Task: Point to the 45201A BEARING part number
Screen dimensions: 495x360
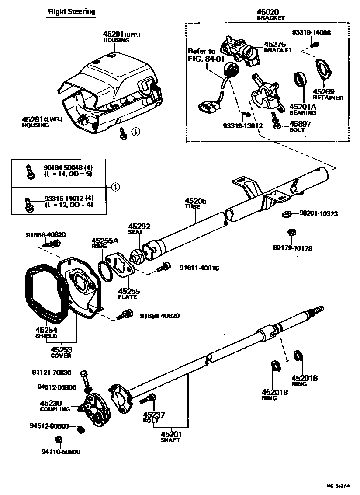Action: coord(302,107)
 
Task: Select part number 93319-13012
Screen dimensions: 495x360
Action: coord(242,125)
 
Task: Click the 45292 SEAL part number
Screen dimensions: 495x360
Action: coord(139,227)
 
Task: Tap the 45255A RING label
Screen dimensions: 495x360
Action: coord(105,241)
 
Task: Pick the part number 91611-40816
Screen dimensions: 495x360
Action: coord(199,268)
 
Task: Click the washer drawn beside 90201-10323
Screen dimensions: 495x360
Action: coord(287,213)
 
